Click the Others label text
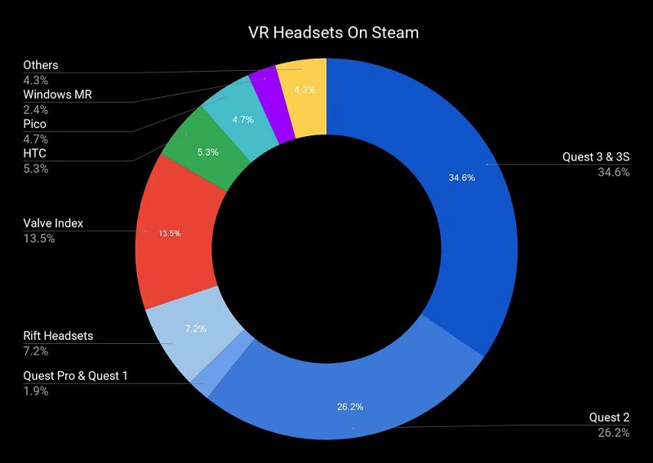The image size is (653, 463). click(41, 65)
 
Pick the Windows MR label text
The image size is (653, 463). click(57, 95)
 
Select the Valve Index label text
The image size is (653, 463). click(53, 223)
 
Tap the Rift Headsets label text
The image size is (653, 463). click(58, 335)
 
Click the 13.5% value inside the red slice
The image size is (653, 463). click(169, 233)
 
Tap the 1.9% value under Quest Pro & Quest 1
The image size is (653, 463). click(36, 391)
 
